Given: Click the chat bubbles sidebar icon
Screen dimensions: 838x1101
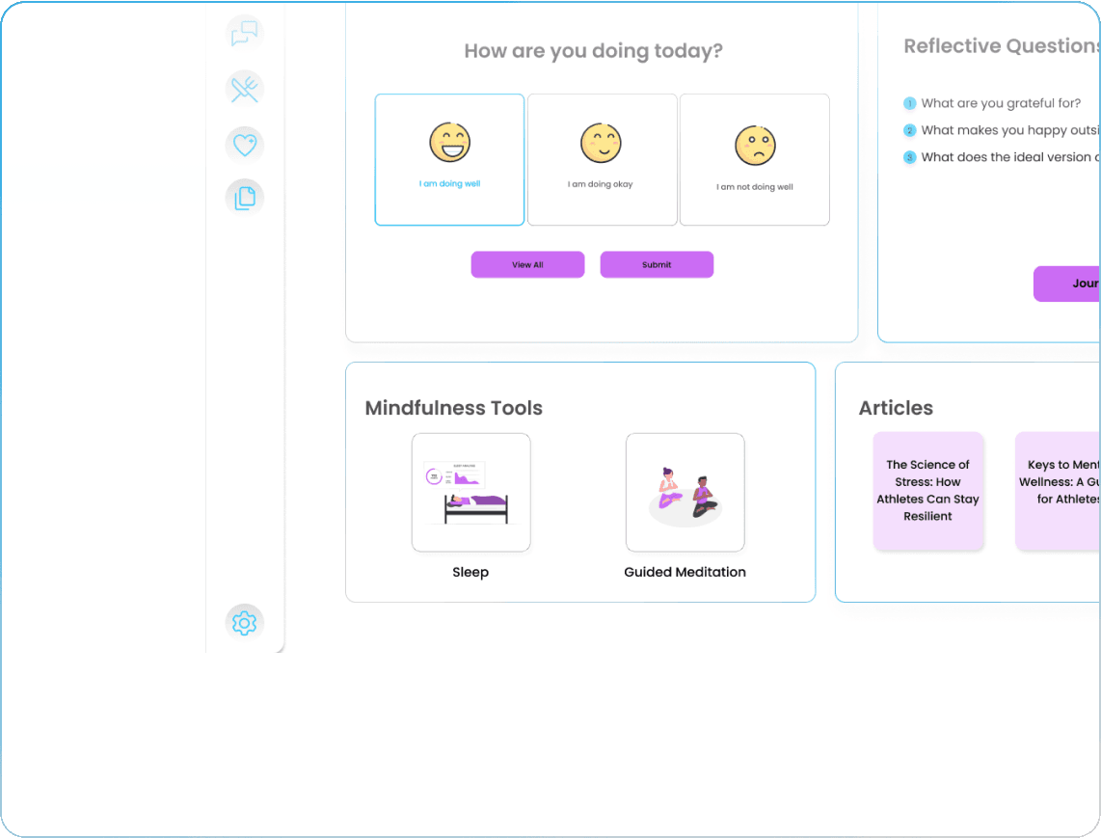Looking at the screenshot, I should [x=245, y=34].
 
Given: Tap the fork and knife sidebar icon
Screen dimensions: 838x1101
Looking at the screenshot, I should [x=245, y=89].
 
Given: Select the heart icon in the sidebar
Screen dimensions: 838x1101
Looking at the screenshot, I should [x=245, y=145].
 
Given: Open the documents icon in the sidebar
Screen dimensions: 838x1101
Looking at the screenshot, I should [x=245, y=198].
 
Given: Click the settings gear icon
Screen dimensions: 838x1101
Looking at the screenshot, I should [x=245, y=623].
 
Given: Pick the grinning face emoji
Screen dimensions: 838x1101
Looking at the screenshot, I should [x=450, y=143].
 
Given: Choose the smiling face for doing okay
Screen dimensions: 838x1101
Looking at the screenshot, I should [x=601, y=143].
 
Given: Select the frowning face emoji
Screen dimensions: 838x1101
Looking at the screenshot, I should [x=755, y=145].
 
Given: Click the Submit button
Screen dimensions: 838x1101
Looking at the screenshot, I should [x=657, y=264].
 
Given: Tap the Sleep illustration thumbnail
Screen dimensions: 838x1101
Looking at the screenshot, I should [x=470, y=492].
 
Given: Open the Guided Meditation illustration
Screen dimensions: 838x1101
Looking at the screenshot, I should [x=685, y=492].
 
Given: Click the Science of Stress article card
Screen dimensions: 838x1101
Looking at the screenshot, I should [x=927, y=491].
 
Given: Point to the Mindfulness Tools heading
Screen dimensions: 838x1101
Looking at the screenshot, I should [x=453, y=408].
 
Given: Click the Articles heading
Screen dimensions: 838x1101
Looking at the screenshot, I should [x=896, y=408].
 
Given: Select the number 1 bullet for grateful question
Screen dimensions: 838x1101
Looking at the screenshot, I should [x=909, y=103].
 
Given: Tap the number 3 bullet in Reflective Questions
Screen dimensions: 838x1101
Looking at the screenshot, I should [x=909, y=157].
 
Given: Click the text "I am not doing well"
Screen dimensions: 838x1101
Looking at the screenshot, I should [x=755, y=187].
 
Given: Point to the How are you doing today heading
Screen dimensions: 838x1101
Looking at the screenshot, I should [x=593, y=51].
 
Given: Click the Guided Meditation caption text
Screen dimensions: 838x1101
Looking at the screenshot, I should [x=685, y=572].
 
